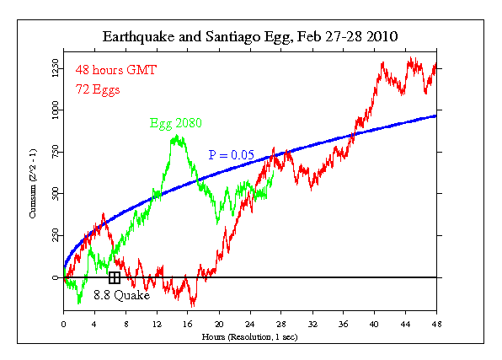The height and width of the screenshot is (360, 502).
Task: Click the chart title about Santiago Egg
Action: pos(250,36)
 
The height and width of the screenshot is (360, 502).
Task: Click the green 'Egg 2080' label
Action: pos(177,124)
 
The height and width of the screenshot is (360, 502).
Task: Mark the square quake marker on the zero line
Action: pos(115,277)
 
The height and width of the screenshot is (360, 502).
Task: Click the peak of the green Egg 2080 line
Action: pos(177,136)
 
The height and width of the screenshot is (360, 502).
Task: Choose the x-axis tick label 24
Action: pos(250,323)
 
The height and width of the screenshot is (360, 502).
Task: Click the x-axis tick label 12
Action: pos(157,323)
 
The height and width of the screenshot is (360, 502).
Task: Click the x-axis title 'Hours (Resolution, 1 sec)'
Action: pos(250,336)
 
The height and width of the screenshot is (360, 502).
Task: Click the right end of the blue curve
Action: pos(435,116)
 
